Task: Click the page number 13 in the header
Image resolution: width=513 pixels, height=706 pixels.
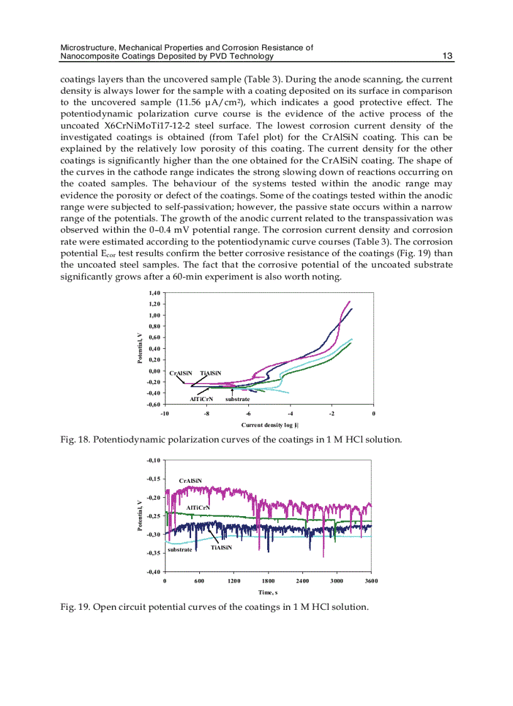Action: tap(448, 57)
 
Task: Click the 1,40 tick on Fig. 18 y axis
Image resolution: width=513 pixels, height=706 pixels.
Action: tap(155, 293)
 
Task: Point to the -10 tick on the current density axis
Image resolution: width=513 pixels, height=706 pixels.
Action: tap(165, 413)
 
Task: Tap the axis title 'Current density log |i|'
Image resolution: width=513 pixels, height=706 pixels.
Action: tap(268, 426)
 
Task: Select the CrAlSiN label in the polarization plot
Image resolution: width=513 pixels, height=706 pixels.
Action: tap(180, 373)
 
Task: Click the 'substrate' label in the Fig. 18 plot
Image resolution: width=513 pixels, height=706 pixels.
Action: tap(238, 399)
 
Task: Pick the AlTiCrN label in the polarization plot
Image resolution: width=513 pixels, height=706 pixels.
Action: tap(201, 399)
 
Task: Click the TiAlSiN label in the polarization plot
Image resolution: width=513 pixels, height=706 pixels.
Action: tap(211, 373)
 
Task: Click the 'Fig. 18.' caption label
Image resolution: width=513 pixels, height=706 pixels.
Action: tap(75, 439)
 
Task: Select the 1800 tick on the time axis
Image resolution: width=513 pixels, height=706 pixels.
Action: tap(268, 581)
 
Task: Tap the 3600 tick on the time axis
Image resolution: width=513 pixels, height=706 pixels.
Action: tap(371, 581)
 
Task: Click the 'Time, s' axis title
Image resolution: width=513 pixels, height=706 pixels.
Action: tap(268, 592)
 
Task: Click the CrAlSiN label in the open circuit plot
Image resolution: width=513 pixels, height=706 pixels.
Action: tap(190, 481)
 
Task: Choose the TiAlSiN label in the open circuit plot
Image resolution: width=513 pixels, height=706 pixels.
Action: tap(221, 548)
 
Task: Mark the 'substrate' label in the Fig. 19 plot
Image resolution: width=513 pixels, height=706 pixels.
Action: tap(180, 549)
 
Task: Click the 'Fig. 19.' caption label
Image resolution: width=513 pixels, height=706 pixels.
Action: tap(75, 607)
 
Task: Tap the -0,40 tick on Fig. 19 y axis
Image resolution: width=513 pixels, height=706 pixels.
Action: tap(153, 571)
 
